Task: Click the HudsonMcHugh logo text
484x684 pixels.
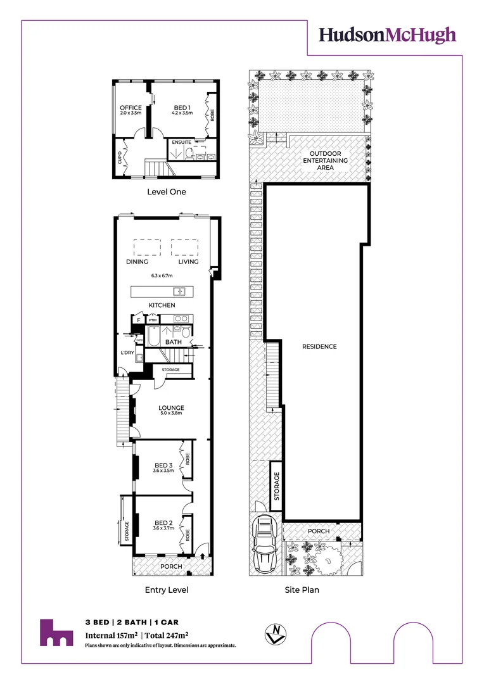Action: point(387,35)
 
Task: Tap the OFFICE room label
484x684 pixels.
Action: point(131,108)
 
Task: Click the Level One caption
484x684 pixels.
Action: point(167,191)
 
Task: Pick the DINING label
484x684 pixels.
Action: point(137,262)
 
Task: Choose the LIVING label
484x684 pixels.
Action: point(188,262)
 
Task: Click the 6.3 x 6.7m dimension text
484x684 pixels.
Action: point(163,276)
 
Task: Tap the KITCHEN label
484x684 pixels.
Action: point(162,305)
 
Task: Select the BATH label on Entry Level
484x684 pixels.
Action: point(174,342)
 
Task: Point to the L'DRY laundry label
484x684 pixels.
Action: point(127,353)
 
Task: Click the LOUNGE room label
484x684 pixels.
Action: point(171,408)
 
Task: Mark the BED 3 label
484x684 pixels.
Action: point(163,465)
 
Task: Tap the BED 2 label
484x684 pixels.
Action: point(163,523)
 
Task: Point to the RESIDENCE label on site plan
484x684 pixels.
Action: point(319,346)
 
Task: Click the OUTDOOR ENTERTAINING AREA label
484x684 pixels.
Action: point(328,161)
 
